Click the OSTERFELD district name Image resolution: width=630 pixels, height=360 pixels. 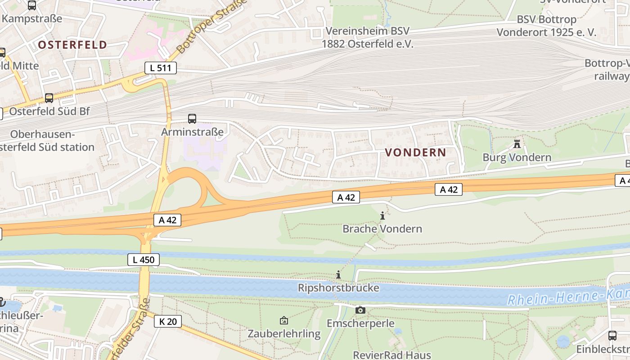click(x=72, y=45)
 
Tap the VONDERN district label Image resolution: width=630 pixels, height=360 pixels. click(x=415, y=153)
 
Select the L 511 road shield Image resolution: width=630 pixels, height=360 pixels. click(x=160, y=68)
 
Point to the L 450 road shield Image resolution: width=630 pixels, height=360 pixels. click(x=144, y=260)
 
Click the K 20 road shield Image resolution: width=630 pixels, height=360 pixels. click(x=168, y=321)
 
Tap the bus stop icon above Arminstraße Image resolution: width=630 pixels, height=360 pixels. click(x=192, y=119)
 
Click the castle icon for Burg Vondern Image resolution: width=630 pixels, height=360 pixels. click(x=517, y=144)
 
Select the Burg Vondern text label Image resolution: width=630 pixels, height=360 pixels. click(x=517, y=157)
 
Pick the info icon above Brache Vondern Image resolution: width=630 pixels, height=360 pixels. click(x=382, y=216)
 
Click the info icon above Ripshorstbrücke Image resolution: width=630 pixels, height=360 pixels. click(x=338, y=275)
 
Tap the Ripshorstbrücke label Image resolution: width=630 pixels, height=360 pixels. click(x=338, y=288)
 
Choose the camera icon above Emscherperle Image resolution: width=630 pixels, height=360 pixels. click(x=360, y=310)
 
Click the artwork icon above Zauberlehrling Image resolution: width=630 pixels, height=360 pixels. click(x=284, y=321)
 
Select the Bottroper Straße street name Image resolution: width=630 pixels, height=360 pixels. click(x=211, y=27)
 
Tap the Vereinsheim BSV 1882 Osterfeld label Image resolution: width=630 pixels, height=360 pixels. click(x=367, y=37)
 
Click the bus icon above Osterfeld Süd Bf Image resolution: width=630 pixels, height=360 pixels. click(x=49, y=98)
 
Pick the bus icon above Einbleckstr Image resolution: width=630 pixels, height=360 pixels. click(x=612, y=335)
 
